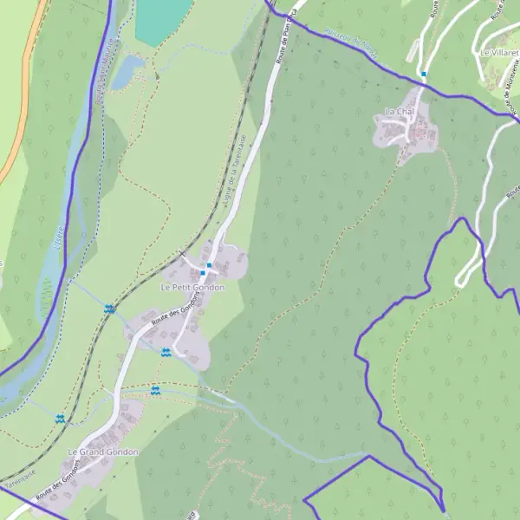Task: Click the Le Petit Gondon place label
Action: click(x=192, y=287)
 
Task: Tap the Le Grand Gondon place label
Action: click(x=103, y=452)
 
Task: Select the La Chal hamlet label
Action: click(x=400, y=113)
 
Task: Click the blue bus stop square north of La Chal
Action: click(x=423, y=74)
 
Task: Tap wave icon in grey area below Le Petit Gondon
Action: click(x=165, y=352)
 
